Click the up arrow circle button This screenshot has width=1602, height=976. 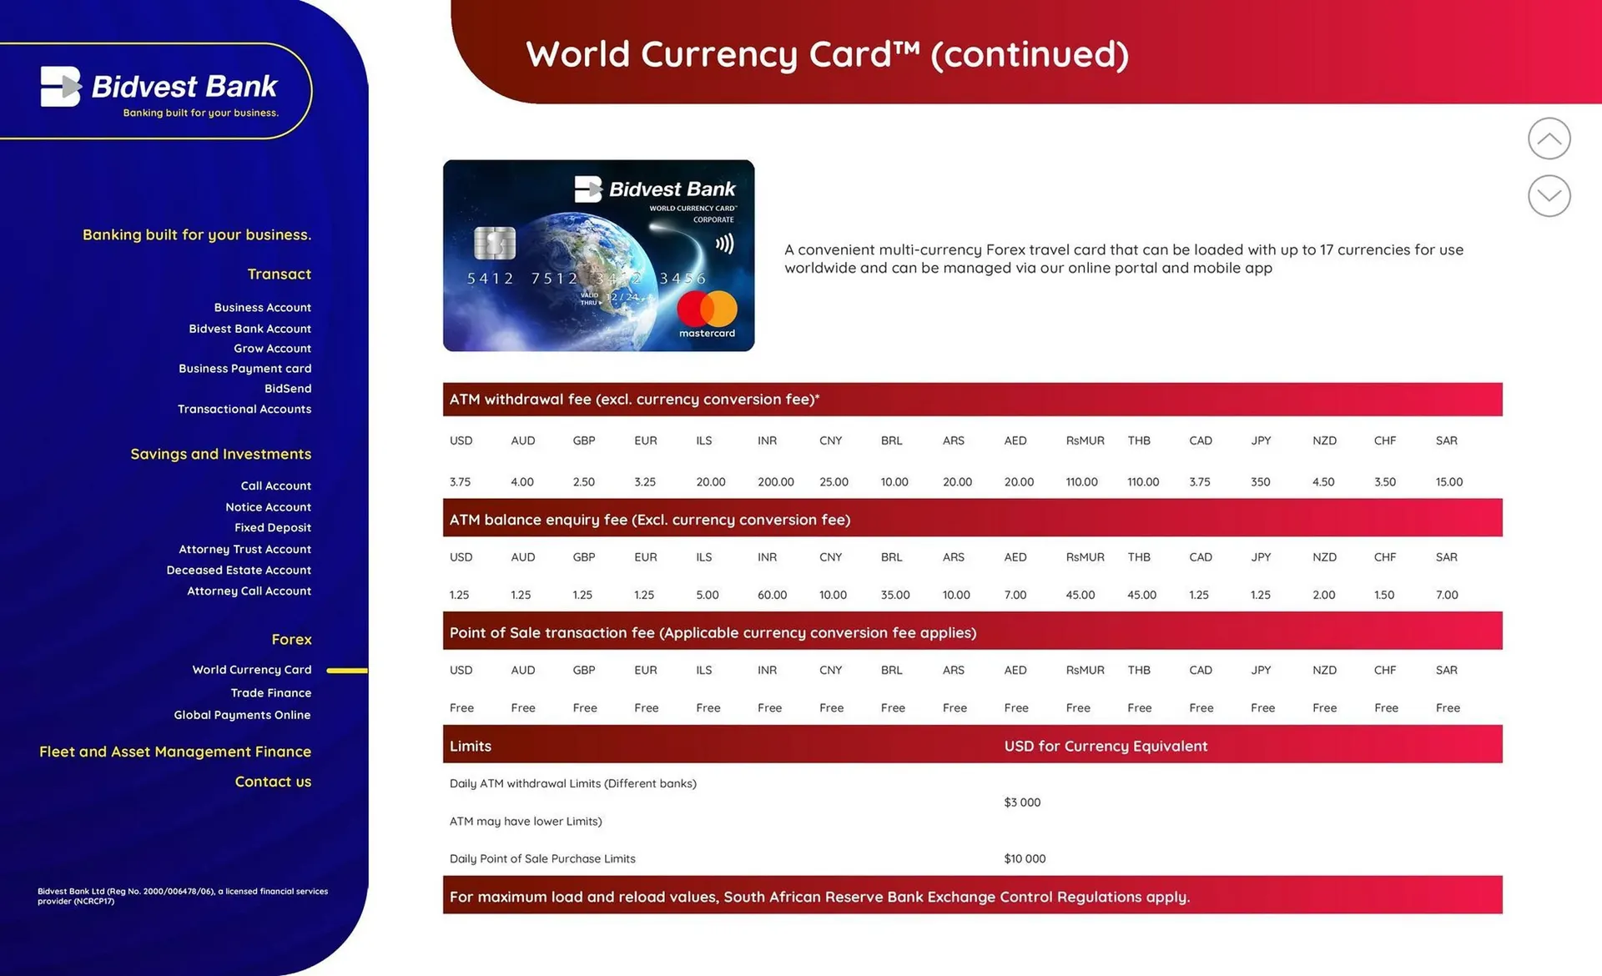(1549, 138)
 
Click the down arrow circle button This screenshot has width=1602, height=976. (1549, 196)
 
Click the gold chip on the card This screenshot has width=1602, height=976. (495, 243)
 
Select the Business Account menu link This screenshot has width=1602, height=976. (262, 308)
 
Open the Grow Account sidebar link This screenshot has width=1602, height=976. (272, 349)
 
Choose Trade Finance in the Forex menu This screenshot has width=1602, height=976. (271, 693)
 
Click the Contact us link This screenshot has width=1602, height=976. (273, 782)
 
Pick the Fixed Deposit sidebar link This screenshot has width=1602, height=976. (273, 528)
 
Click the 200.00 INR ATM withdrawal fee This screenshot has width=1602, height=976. (776, 482)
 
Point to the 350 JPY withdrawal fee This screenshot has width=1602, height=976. (1261, 482)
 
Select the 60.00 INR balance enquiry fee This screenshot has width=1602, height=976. (773, 595)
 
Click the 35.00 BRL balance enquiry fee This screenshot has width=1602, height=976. (895, 595)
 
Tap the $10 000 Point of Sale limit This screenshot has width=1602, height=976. (1025, 858)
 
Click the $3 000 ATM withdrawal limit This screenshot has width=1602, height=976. (1022, 802)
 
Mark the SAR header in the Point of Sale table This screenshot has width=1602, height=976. (1447, 670)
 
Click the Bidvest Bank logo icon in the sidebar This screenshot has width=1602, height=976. (61, 87)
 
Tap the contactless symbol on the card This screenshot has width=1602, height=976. (724, 244)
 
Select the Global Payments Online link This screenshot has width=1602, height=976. (242, 715)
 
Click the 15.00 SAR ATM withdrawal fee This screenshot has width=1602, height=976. (1449, 482)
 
